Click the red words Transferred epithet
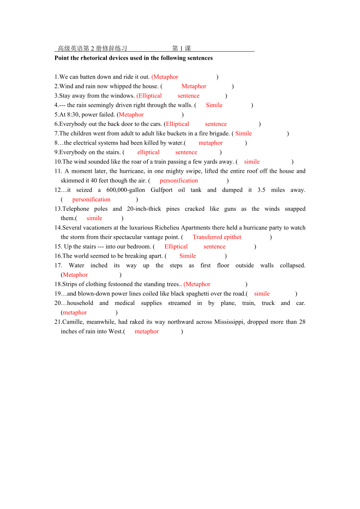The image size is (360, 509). (217, 237)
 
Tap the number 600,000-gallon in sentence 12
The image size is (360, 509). (126, 190)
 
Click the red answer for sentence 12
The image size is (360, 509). (91, 199)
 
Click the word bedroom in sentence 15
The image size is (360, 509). (139, 246)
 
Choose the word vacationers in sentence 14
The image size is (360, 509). (94, 228)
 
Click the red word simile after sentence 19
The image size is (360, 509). (262, 294)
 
